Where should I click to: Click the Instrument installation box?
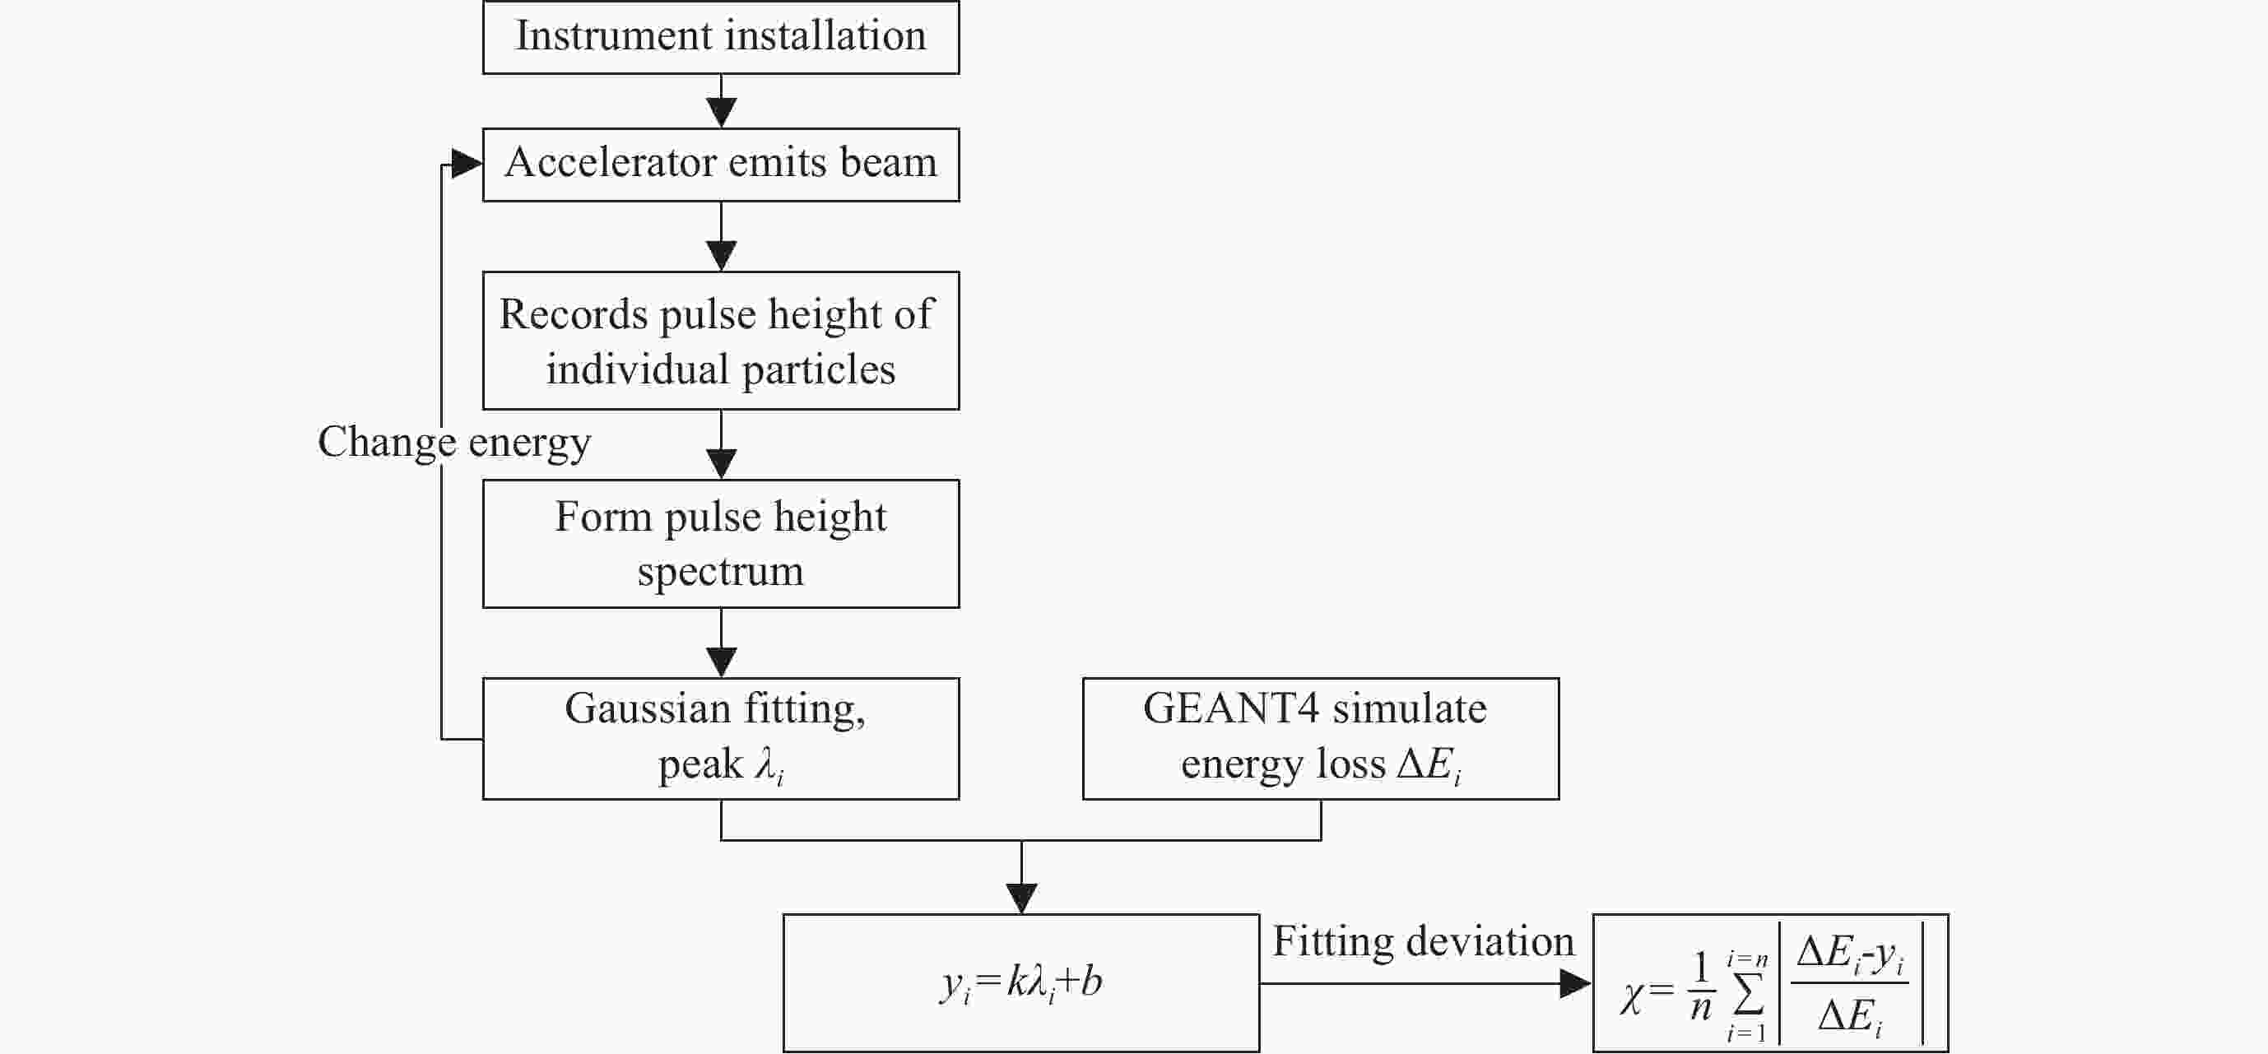pos(720,37)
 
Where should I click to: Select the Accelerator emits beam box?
pos(720,165)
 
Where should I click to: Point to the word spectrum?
pos(720,572)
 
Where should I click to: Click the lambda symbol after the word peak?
pos(769,764)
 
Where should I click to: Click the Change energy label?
pos(453,442)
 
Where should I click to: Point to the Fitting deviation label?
pos(1423,941)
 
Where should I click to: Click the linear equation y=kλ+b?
pos(1021,982)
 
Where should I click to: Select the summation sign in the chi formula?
pos(1748,995)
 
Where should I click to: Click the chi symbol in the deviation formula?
pos(1631,998)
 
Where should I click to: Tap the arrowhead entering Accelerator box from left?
pos(466,163)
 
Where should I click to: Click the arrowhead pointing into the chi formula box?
pos(1575,983)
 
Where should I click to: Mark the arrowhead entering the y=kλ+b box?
pos(1021,899)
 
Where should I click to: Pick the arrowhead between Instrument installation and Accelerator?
pos(721,113)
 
